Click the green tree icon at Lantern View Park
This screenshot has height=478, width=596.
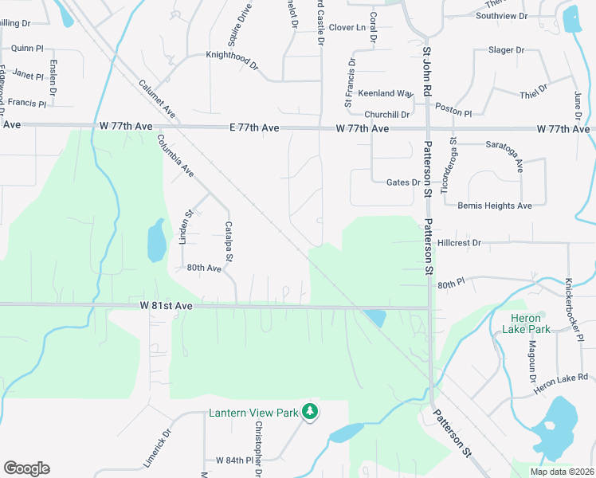(x=309, y=412)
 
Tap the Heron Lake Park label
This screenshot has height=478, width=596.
(x=530, y=323)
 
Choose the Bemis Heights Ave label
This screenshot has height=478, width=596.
(x=494, y=206)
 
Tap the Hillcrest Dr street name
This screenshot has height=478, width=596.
(x=460, y=242)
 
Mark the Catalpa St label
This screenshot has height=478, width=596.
(x=229, y=241)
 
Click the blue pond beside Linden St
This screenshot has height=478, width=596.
(x=156, y=240)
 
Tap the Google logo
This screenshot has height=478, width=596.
(x=26, y=468)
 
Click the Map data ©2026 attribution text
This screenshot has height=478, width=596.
(x=562, y=472)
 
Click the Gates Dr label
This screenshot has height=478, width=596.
(x=403, y=182)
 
